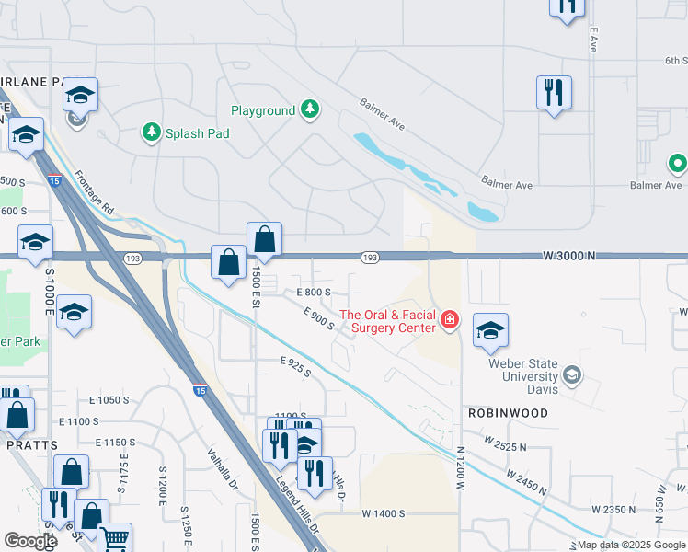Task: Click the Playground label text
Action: (x=263, y=111)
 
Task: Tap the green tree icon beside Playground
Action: (x=311, y=110)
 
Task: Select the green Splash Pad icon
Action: (x=151, y=132)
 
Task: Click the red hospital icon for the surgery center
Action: (x=450, y=320)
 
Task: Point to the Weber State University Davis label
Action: (x=522, y=370)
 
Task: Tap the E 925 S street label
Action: (x=295, y=368)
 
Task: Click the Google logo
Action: (x=30, y=541)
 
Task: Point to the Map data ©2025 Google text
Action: (x=630, y=546)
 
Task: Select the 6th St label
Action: (x=675, y=61)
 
